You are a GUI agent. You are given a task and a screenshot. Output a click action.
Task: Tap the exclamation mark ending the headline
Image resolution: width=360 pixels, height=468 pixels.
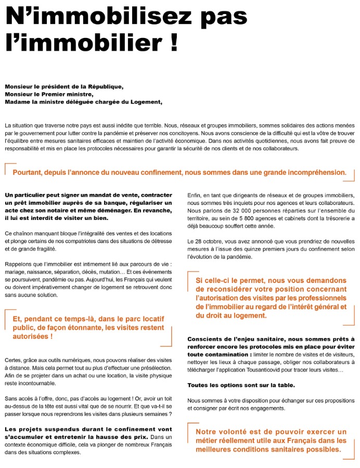(x=173, y=43)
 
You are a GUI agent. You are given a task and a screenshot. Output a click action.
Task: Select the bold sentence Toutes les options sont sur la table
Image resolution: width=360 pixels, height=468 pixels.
(x=241, y=385)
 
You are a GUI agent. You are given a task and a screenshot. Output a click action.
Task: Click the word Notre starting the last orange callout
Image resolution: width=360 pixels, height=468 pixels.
(x=207, y=432)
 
